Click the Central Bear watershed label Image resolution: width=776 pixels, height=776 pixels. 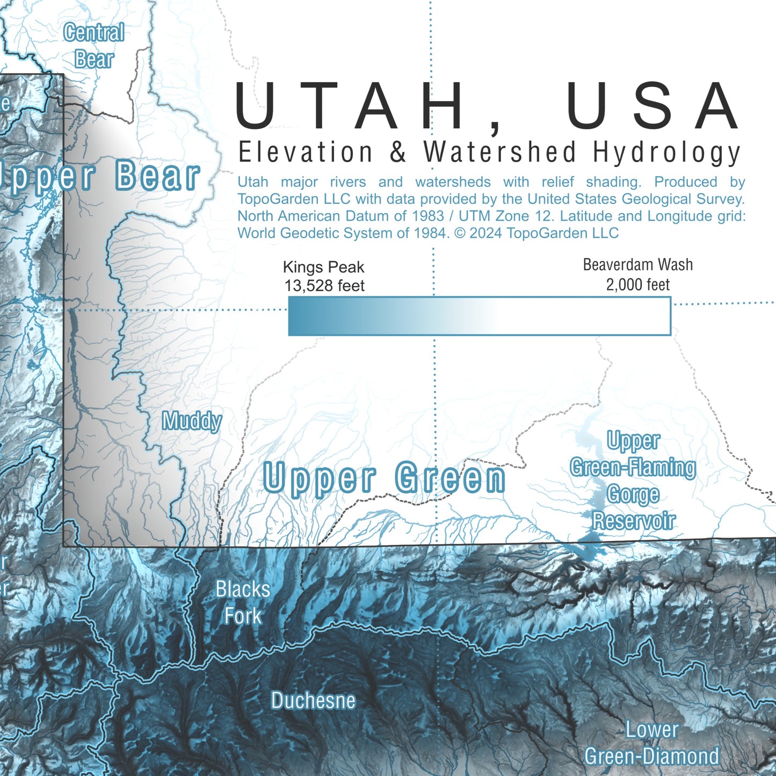coord(94,46)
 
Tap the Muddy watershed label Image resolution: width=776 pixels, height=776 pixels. coord(192,421)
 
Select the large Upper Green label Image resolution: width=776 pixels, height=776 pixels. coord(384,477)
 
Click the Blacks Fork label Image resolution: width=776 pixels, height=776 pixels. coord(243,603)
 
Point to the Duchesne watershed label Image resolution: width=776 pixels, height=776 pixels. coord(313,701)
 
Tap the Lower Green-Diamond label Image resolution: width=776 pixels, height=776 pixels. coord(652,743)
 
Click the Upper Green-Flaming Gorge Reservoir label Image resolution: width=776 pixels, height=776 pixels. coord(633,481)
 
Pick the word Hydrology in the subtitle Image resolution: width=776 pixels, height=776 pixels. coord(667,153)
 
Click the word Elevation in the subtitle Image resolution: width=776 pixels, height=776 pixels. coord(305,153)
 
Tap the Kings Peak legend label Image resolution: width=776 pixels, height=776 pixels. coord(323,267)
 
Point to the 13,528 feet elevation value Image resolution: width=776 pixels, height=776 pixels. coord(324,286)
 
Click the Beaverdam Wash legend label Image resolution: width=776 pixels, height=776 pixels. coord(637,265)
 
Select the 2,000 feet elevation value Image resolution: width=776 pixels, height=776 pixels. coord(637,285)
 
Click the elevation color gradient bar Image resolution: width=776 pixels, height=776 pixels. coord(479,316)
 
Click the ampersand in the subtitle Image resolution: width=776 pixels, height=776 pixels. coord(398,153)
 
